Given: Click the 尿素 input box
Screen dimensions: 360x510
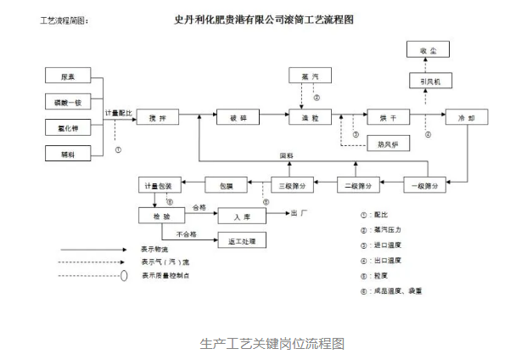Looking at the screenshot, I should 73,76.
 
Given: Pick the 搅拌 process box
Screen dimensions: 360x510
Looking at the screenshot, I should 158,118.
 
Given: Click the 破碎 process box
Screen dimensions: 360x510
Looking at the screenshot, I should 231,118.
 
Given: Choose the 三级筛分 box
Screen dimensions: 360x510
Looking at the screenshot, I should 291,183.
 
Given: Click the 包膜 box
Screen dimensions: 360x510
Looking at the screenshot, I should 226,183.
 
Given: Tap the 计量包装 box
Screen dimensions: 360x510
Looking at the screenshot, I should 156,183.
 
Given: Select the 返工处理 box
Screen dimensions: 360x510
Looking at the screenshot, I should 242,241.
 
